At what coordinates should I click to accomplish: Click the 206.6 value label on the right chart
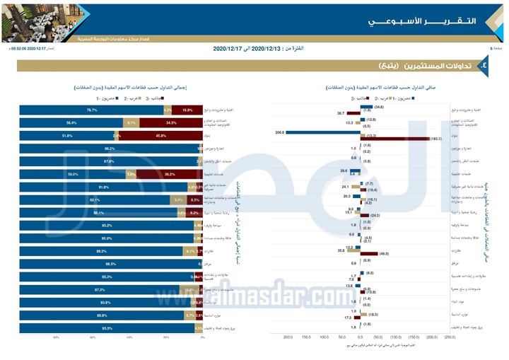[x=279, y=132]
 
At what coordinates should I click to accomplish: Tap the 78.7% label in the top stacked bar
[x=91, y=110]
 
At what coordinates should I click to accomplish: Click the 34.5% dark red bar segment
[x=170, y=122]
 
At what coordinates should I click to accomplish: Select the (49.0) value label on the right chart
[x=383, y=253]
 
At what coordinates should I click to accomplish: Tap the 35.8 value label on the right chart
[x=341, y=250]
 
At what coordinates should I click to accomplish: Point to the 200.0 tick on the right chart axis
[x=288, y=337]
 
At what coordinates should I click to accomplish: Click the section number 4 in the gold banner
[x=483, y=65]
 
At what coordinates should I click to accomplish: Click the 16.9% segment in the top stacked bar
[x=187, y=110]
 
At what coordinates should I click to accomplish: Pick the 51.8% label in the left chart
[x=68, y=135]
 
